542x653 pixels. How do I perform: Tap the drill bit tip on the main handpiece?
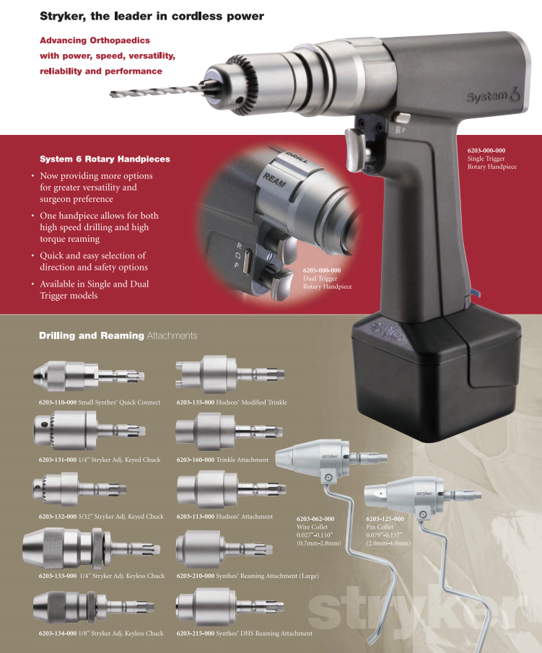(111, 95)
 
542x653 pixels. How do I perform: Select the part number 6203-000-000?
(486, 150)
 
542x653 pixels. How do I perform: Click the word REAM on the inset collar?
(274, 180)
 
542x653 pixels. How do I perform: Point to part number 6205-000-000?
(322, 271)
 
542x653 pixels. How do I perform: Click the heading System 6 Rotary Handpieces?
(105, 159)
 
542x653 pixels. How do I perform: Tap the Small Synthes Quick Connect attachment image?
(89, 376)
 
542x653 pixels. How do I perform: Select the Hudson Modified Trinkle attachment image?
(230, 374)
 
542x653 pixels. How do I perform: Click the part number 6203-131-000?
(58, 460)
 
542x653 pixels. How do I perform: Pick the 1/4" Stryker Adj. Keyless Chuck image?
(91, 549)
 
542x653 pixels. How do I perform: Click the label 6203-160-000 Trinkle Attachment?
(222, 460)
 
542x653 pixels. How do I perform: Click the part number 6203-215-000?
(196, 634)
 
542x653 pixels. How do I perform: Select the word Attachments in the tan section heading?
(172, 336)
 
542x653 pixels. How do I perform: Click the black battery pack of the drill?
(436, 374)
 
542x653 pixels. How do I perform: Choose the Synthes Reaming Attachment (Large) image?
(224, 549)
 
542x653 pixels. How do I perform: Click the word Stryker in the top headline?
(61, 17)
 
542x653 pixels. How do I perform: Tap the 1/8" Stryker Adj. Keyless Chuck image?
(94, 607)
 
